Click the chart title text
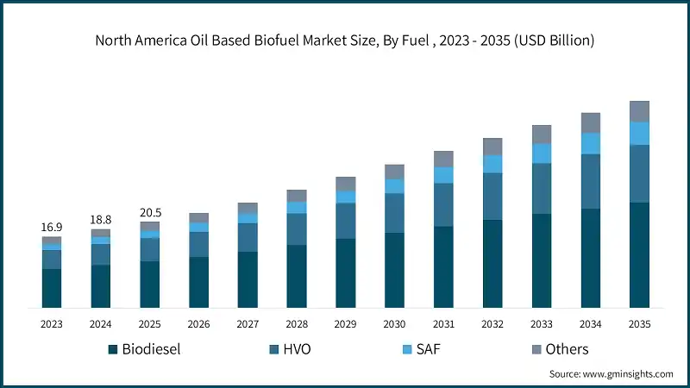[345, 40]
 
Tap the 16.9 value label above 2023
[52, 227]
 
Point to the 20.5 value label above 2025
[150, 212]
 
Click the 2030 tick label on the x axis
[394, 323]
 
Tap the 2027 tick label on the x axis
[248, 323]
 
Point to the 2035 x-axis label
[639, 323]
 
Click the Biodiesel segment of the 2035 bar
[639, 255]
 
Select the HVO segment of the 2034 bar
[590, 181]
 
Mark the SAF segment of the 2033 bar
[542, 153]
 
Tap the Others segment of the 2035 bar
[639, 110]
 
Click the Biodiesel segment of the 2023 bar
[52, 288]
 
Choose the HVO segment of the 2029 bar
[346, 221]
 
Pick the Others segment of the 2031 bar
[443, 159]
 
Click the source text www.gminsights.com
[612, 374]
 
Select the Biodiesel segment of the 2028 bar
[297, 276]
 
